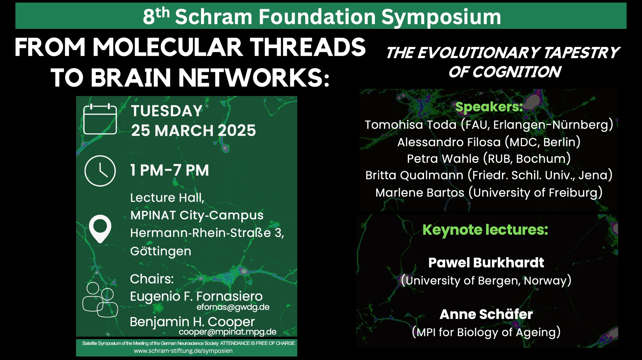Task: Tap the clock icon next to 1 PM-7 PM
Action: (100, 171)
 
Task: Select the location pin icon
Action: (100, 229)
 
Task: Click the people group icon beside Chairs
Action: (100, 300)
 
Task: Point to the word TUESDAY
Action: (167, 111)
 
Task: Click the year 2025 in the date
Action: (237, 131)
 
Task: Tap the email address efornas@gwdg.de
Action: (233, 307)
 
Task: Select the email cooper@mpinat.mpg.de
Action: (228, 332)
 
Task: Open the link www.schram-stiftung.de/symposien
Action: (183, 351)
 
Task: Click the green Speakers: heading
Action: (489, 107)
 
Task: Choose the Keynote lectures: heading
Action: (485, 230)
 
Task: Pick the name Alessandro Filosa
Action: (449, 142)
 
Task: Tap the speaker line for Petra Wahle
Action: (489, 159)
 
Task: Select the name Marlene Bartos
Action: (420, 193)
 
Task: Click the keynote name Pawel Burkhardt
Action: (486, 263)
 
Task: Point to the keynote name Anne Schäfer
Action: (486, 314)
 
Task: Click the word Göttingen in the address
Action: (160, 251)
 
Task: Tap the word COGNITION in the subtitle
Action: (516, 72)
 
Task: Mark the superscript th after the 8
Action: (163, 13)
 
